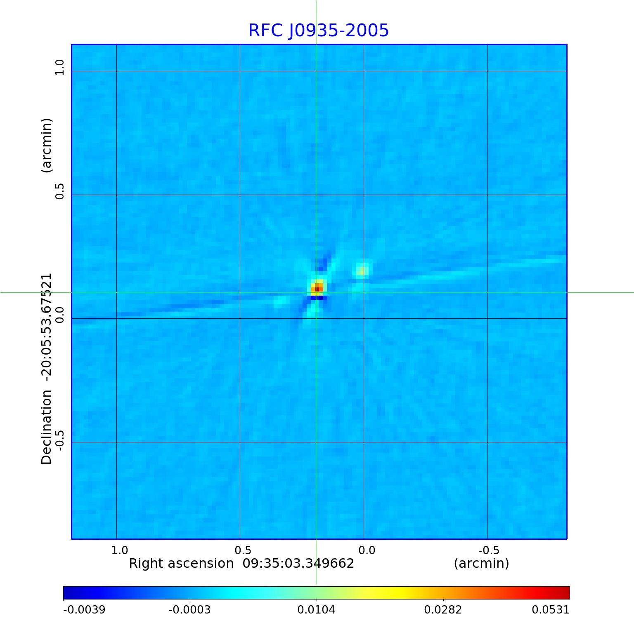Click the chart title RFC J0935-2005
(x=318, y=31)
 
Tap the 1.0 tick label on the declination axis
(x=60, y=67)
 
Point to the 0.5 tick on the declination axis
(x=60, y=191)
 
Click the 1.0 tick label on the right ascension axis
(x=120, y=550)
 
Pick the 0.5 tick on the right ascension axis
(x=243, y=550)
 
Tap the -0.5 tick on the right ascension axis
(x=489, y=550)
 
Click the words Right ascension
(x=181, y=563)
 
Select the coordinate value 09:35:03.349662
(x=298, y=563)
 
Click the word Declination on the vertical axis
(x=47, y=427)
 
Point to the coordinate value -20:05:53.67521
(x=47, y=327)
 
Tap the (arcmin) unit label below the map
(x=481, y=563)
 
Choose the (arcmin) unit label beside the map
(x=47, y=145)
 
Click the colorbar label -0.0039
(x=84, y=609)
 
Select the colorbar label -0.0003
(x=189, y=609)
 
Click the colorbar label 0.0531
(x=550, y=609)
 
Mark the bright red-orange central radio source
(x=318, y=288)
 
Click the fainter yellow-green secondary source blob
(x=363, y=270)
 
